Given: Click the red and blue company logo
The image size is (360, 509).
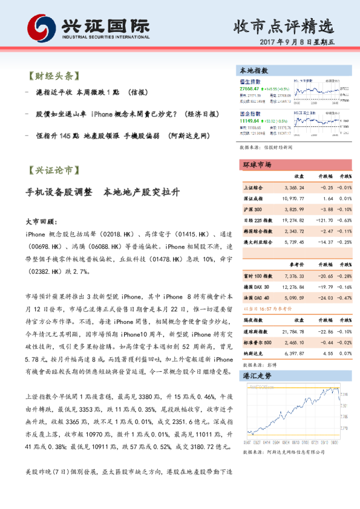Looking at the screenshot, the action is pos(42,28).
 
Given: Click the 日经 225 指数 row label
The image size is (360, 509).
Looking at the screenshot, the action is pos(257,221).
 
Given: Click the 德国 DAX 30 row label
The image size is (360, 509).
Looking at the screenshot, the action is pos(255,287).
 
